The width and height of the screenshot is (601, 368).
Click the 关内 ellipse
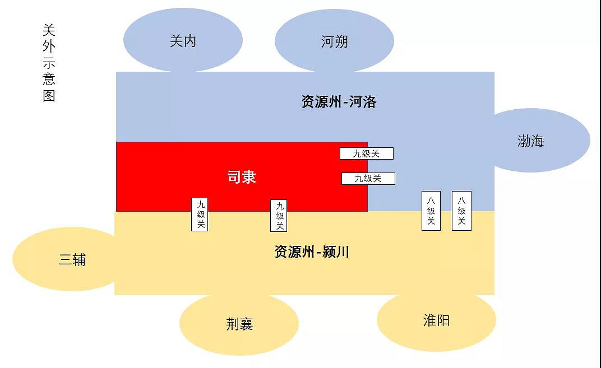pyautogui.click(x=183, y=40)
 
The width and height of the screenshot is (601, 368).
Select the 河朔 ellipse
pyautogui.click(x=334, y=41)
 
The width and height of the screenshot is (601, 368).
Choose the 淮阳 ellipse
pyautogui.click(x=436, y=320)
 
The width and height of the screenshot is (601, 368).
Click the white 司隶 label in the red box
pyautogui.click(x=242, y=178)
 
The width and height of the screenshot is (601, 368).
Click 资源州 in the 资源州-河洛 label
pyautogui.click(x=321, y=102)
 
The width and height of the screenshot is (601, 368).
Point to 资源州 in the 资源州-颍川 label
pyautogui.click(x=294, y=252)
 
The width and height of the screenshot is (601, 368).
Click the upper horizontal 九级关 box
pyautogui.click(x=367, y=153)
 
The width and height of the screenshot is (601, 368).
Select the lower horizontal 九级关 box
pyautogui.click(x=368, y=179)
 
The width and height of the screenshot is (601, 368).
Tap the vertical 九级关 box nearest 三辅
pyautogui.click(x=200, y=215)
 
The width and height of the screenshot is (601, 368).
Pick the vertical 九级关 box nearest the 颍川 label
pyautogui.click(x=279, y=216)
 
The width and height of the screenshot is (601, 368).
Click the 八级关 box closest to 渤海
pyautogui.click(x=461, y=211)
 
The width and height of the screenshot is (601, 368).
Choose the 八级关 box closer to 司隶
pyautogui.click(x=431, y=211)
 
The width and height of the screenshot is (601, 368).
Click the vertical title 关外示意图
pyautogui.click(x=49, y=63)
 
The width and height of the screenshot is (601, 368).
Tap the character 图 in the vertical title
pyautogui.click(x=49, y=95)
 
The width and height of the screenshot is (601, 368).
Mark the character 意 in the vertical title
pyautogui.click(x=49, y=79)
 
